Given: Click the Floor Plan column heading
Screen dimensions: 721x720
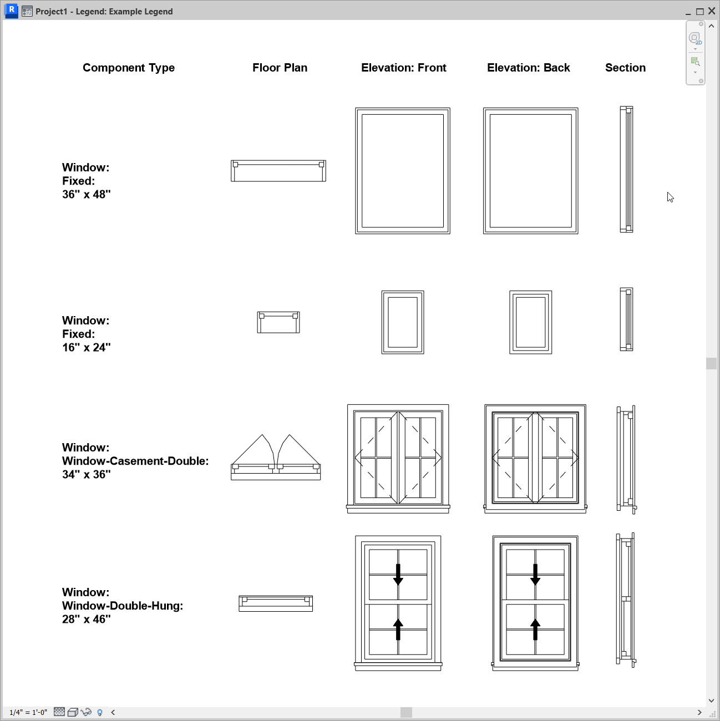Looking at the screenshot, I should (280, 68).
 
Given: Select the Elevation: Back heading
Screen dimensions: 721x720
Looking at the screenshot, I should (528, 68).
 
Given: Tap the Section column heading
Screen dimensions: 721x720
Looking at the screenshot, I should (625, 68).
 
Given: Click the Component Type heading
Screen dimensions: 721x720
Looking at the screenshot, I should (129, 68).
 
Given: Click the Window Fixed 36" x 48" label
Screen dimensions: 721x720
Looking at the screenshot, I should (87, 181).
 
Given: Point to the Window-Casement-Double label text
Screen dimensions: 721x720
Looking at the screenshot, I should (135, 461).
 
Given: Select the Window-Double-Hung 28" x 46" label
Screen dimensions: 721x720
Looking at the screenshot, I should (122, 606).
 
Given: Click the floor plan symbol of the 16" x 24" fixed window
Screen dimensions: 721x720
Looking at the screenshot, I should (278, 322).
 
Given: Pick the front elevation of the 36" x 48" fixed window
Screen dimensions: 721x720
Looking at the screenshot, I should (403, 171).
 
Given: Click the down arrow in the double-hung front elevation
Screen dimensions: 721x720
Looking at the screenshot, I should (398, 575).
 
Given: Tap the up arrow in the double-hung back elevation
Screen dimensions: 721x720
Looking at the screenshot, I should (535, 629).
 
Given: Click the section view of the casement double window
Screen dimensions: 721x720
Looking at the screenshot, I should (626, 459).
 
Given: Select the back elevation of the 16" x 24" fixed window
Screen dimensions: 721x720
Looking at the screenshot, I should (531, 322).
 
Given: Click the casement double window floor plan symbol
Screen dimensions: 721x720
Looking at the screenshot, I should (276, 458).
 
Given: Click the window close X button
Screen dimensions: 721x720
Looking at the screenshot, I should (712, 11).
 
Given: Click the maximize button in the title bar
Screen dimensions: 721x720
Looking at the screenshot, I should (700, 11).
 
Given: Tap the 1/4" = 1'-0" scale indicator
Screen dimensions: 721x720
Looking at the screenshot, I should (28, 712).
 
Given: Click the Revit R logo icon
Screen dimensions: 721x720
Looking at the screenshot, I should (11, 11).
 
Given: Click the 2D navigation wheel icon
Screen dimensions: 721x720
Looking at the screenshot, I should (694, 38).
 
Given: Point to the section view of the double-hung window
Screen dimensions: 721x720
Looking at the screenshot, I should (626, 600).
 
